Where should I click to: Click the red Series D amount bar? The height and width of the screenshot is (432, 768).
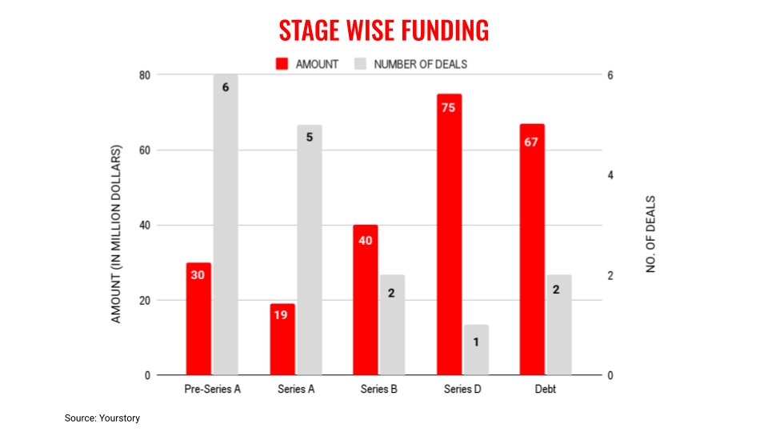pos(449,240)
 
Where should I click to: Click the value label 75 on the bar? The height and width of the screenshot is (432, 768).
pos(448,107)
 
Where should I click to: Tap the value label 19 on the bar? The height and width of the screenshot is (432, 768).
pos(282,315)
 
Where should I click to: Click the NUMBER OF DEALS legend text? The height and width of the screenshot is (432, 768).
pos(420,64)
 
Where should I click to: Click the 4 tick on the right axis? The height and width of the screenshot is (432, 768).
pos(610,175)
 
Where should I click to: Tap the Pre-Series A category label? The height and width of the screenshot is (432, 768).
pos(212,390)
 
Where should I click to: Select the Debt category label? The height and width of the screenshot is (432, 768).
pos(546,390)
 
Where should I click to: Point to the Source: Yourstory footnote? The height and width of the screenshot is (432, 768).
pos(102,418)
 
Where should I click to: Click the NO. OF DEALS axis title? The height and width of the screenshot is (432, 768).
pos(650,234)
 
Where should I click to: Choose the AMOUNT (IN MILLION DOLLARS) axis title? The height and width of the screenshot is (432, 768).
pos(116,234)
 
